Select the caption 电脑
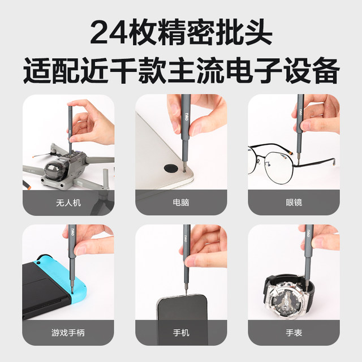(x=181, y=202)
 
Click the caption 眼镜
(x=294, y=202)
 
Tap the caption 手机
(x=181, y=333)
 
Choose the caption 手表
(x=294, y=333)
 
